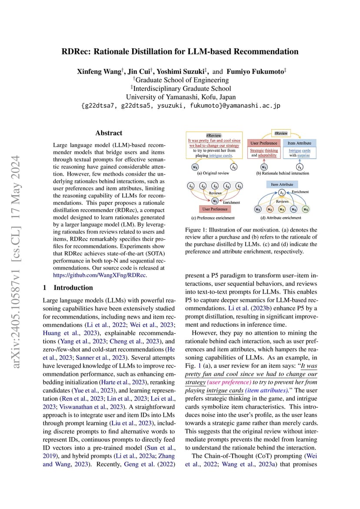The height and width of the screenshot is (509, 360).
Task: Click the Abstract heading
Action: click(x=109, y=133)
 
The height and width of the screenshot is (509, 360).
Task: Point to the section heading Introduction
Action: click(x=73, y=287)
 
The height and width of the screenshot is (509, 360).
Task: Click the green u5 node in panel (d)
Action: click(x=306, y=209)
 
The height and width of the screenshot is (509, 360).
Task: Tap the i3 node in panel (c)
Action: click(x=215, y=186)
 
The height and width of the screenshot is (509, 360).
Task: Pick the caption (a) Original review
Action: click(x=213, y=173)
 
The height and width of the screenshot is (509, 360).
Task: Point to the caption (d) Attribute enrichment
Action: click(x=281, y=218)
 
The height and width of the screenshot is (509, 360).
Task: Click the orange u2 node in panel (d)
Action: click(x=270, y=209)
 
